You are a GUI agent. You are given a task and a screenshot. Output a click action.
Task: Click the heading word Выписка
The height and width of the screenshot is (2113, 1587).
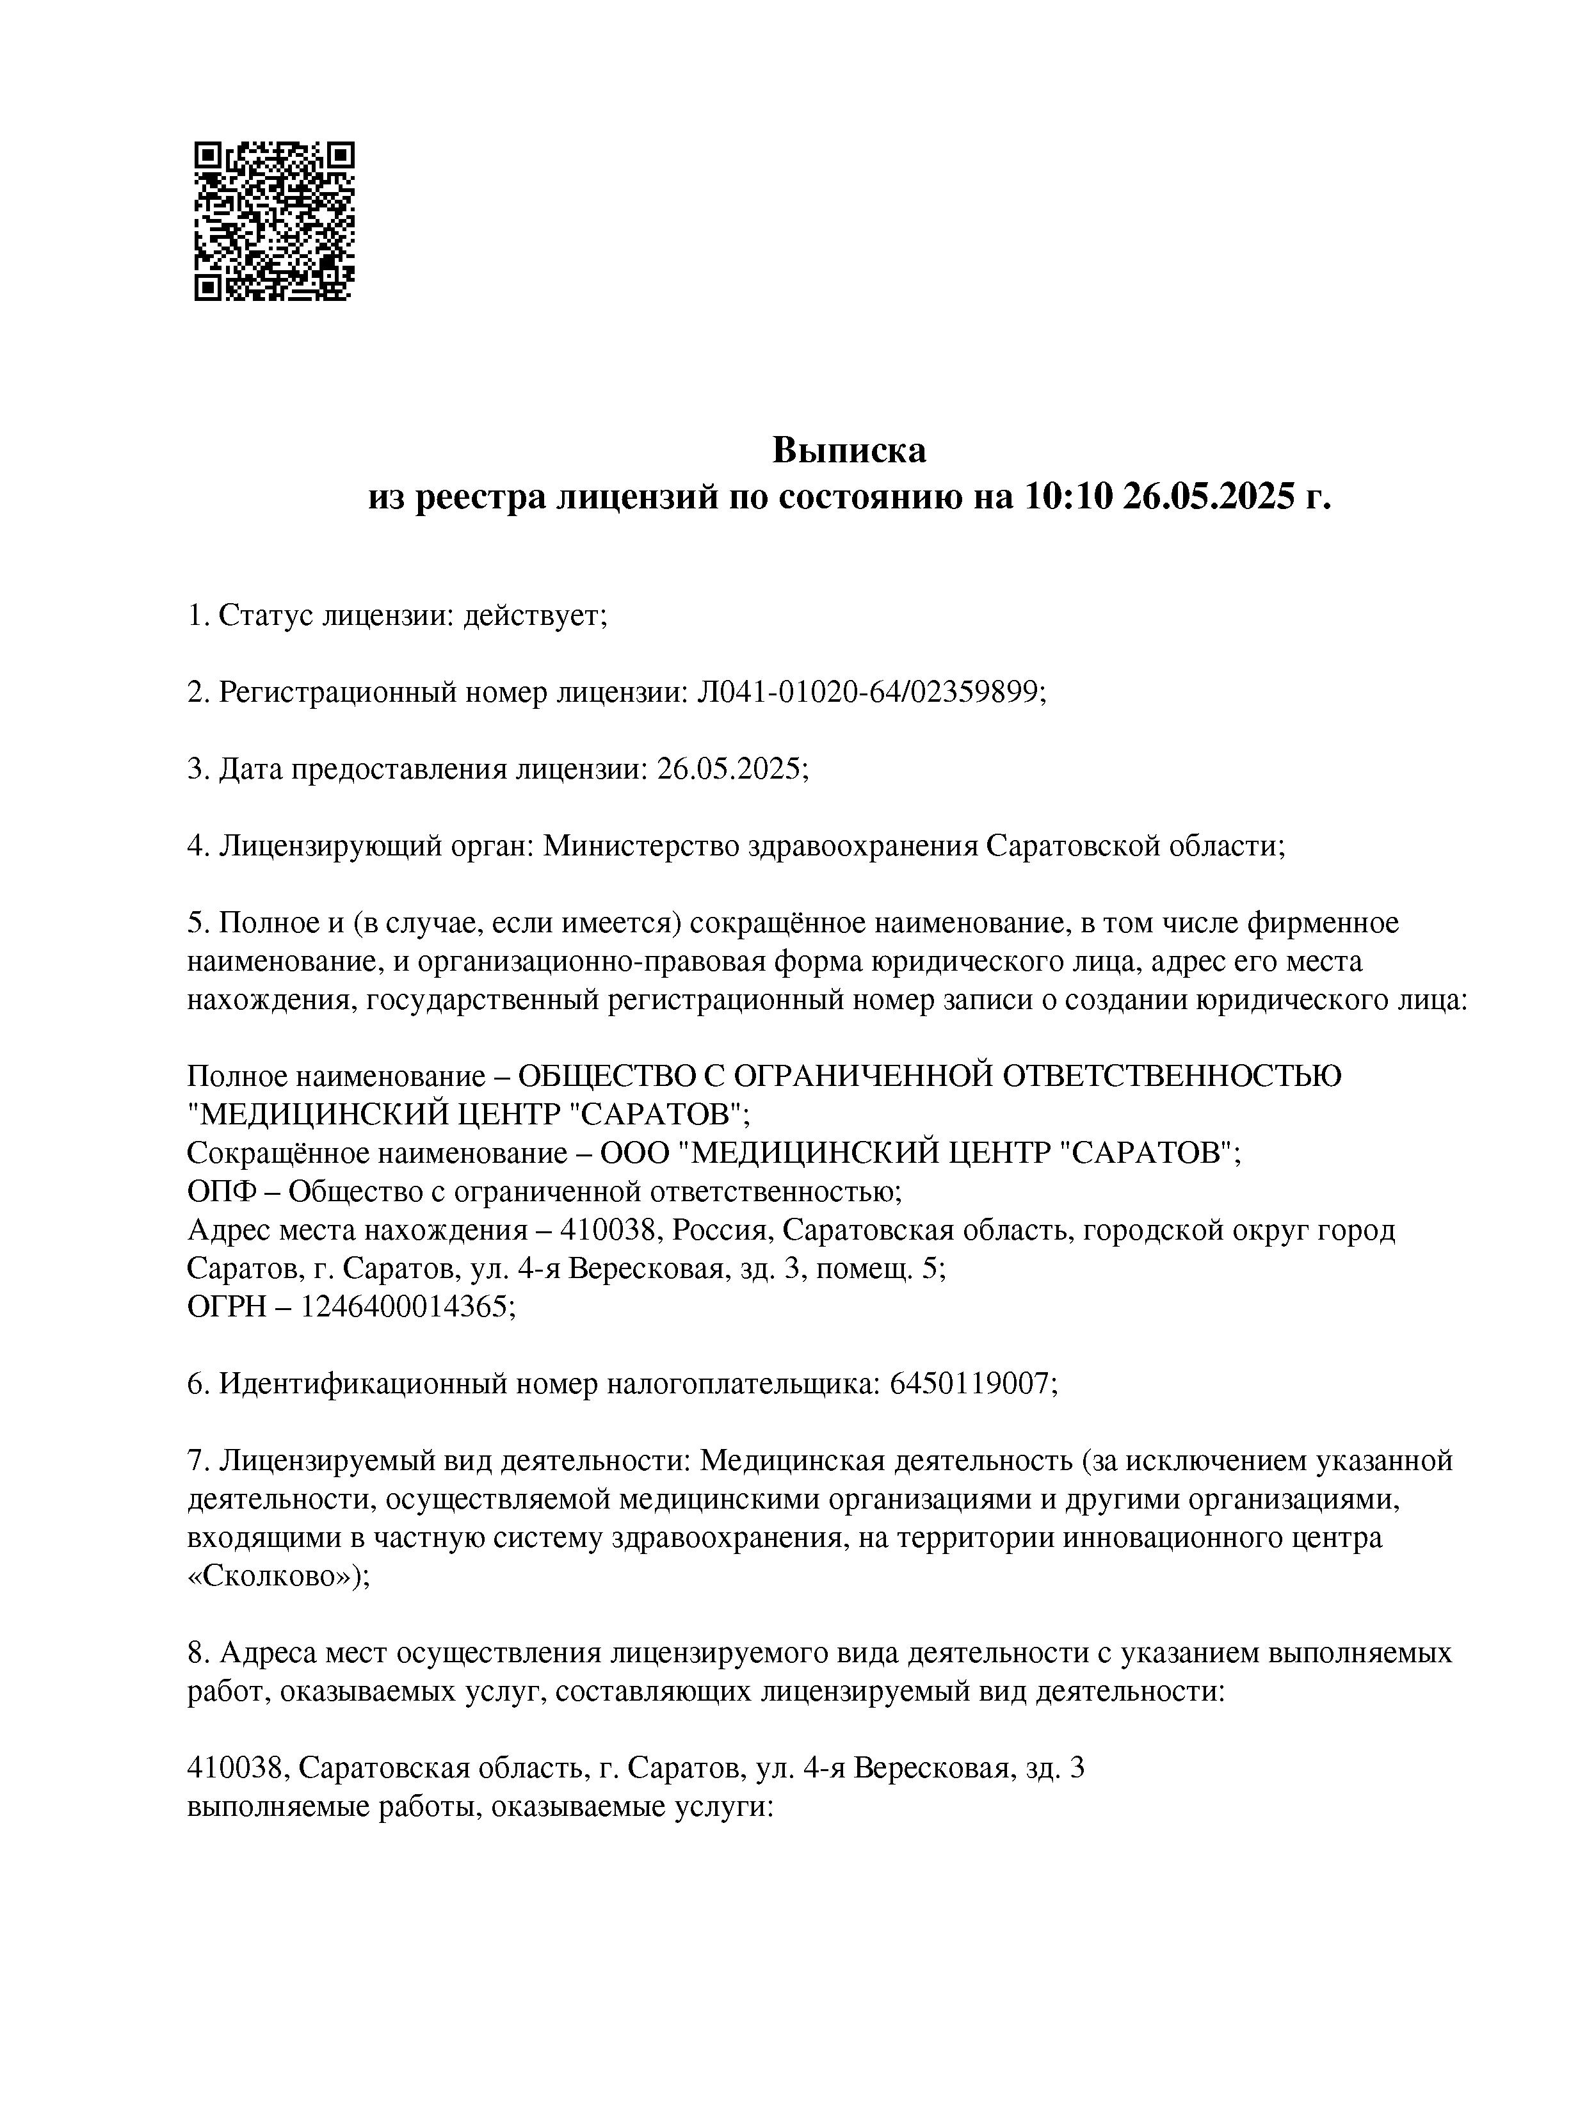[x=849, y=450]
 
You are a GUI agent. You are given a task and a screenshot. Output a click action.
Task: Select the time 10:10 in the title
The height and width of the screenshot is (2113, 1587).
[x=1068, y=497]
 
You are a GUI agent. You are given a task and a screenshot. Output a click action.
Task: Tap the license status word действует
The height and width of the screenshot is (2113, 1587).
[x=534, y=616]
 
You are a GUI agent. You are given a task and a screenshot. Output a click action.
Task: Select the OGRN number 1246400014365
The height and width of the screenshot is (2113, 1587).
[x=407, y=1307]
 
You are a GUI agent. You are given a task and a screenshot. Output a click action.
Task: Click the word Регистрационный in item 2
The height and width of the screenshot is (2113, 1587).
[x=337, y=693]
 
